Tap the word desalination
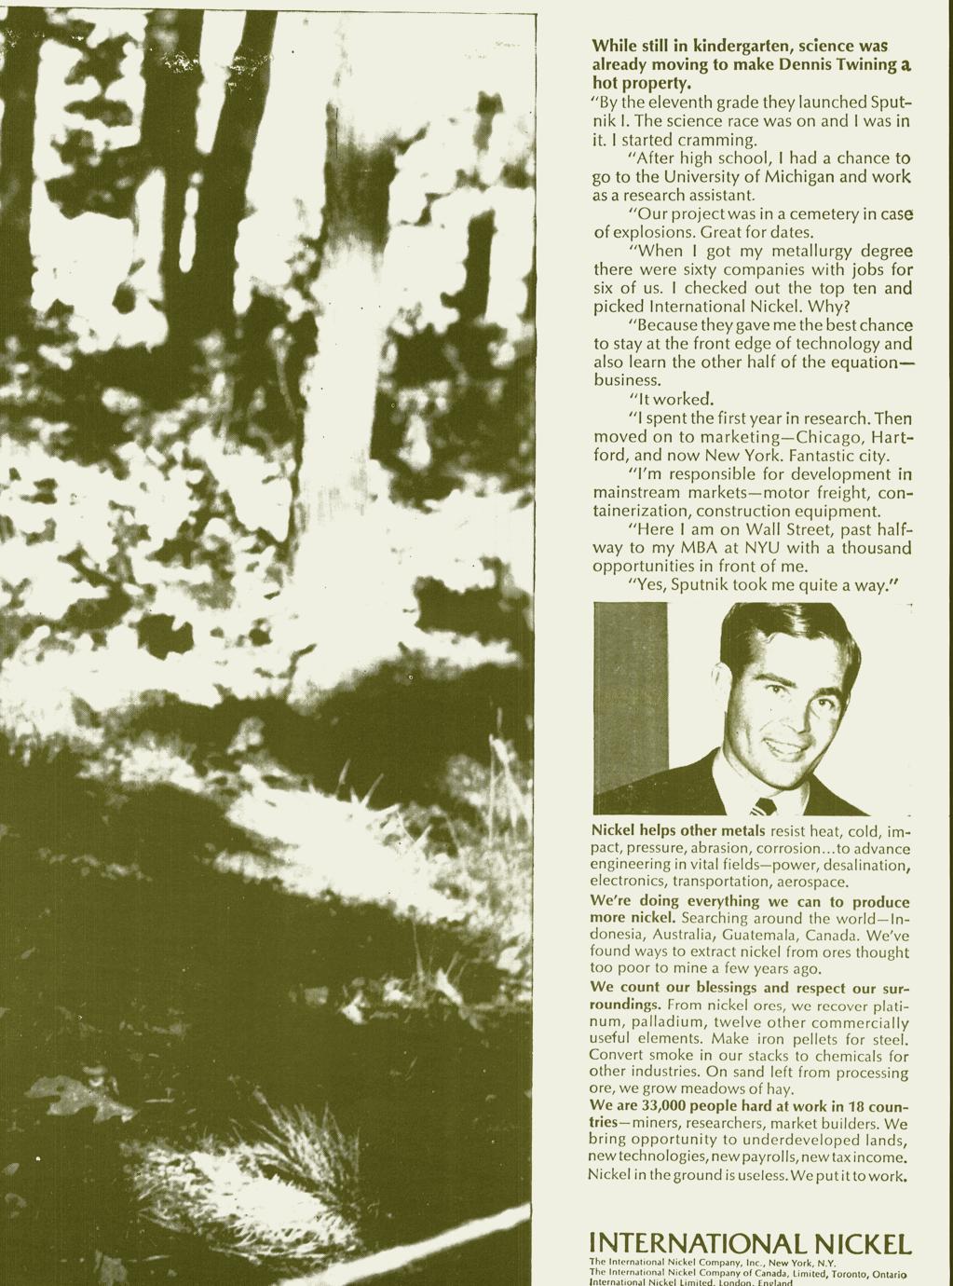862,865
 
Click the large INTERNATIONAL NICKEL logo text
749,1243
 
